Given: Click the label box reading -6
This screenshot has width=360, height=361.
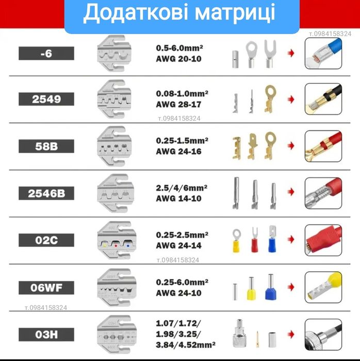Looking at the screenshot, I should (x=46, y=53).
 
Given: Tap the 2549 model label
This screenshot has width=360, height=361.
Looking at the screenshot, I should (x=46, y=100).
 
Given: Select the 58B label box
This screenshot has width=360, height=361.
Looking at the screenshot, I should (x=46, y=146).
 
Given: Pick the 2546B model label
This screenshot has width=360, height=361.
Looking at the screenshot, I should (x=46, y=193).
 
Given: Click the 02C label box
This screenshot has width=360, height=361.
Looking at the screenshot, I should (x=46, y=240).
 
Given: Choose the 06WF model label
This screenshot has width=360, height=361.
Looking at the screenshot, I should (x=46, y=287).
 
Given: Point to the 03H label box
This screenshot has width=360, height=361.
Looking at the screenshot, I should (x=46, y=334).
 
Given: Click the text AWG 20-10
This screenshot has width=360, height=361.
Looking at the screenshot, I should (x=178, y=58).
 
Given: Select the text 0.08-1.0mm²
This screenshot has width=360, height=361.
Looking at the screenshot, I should (x=182, y=94).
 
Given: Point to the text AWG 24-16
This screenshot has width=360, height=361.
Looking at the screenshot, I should (x=178, y=152).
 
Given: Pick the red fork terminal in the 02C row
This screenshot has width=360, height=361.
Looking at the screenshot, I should (x=254, y=240).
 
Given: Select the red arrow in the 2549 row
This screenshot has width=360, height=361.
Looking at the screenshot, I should (x=292, y=99).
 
